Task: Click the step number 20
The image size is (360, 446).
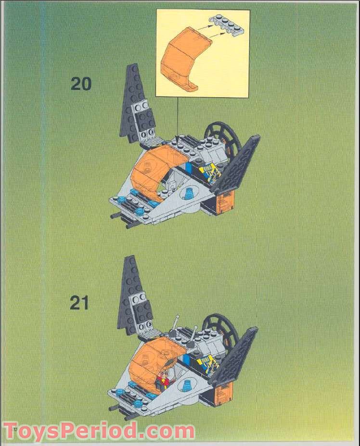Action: click(x=80, y=84)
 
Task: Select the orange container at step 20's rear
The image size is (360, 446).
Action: click(x=225, y=202)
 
